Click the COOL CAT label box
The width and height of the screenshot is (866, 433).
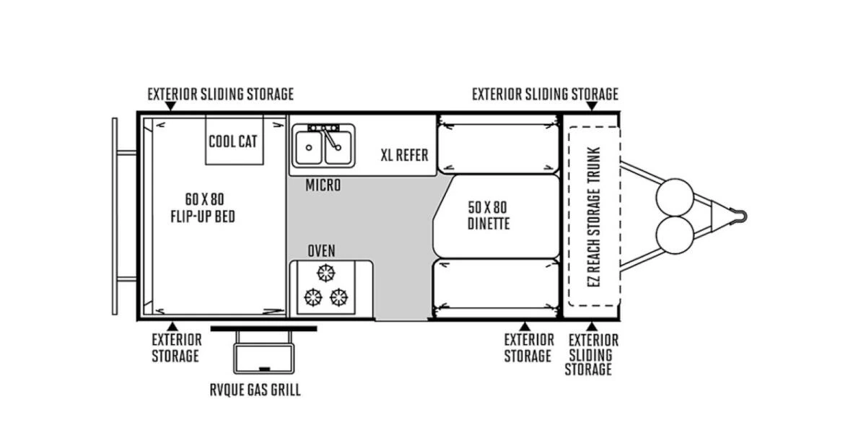click(x=235, y=140)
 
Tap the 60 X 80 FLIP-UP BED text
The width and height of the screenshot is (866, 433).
click(x=203, y=208)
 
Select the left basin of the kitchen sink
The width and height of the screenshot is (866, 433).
click(x=309, y=147)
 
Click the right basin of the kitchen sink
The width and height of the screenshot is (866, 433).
click(x=338, y=147)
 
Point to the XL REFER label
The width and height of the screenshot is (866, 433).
click(x=404, y=155)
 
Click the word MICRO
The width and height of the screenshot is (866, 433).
click(x=323, y=185)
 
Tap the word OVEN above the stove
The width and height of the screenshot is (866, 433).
click(x=321, y=251)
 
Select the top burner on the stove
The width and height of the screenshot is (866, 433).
click(x=326, y=274)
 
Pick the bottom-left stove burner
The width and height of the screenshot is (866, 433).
click(x=313, y=297)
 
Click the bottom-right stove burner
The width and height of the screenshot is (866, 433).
click(x=339, y=297)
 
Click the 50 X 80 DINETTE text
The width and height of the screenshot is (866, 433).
click(x=489, y=215)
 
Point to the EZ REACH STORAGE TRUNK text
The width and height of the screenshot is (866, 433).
click(x=594, y=217)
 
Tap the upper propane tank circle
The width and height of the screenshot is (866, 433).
click(x=675, y=197)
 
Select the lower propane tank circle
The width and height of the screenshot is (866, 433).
click(x=675, y=235)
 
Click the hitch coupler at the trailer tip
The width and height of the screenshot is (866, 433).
click(x=739, y=216)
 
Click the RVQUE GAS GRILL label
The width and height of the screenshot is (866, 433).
click(x=255, y=390)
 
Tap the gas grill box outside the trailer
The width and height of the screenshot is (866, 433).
click(x=263, y=359)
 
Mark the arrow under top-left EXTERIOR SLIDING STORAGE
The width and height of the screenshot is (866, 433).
click(x=170, y=106)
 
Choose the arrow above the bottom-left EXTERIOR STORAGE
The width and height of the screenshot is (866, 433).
click(x=172, y=327)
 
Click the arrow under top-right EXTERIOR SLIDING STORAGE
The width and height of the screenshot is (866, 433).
click(x=592, y=106)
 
